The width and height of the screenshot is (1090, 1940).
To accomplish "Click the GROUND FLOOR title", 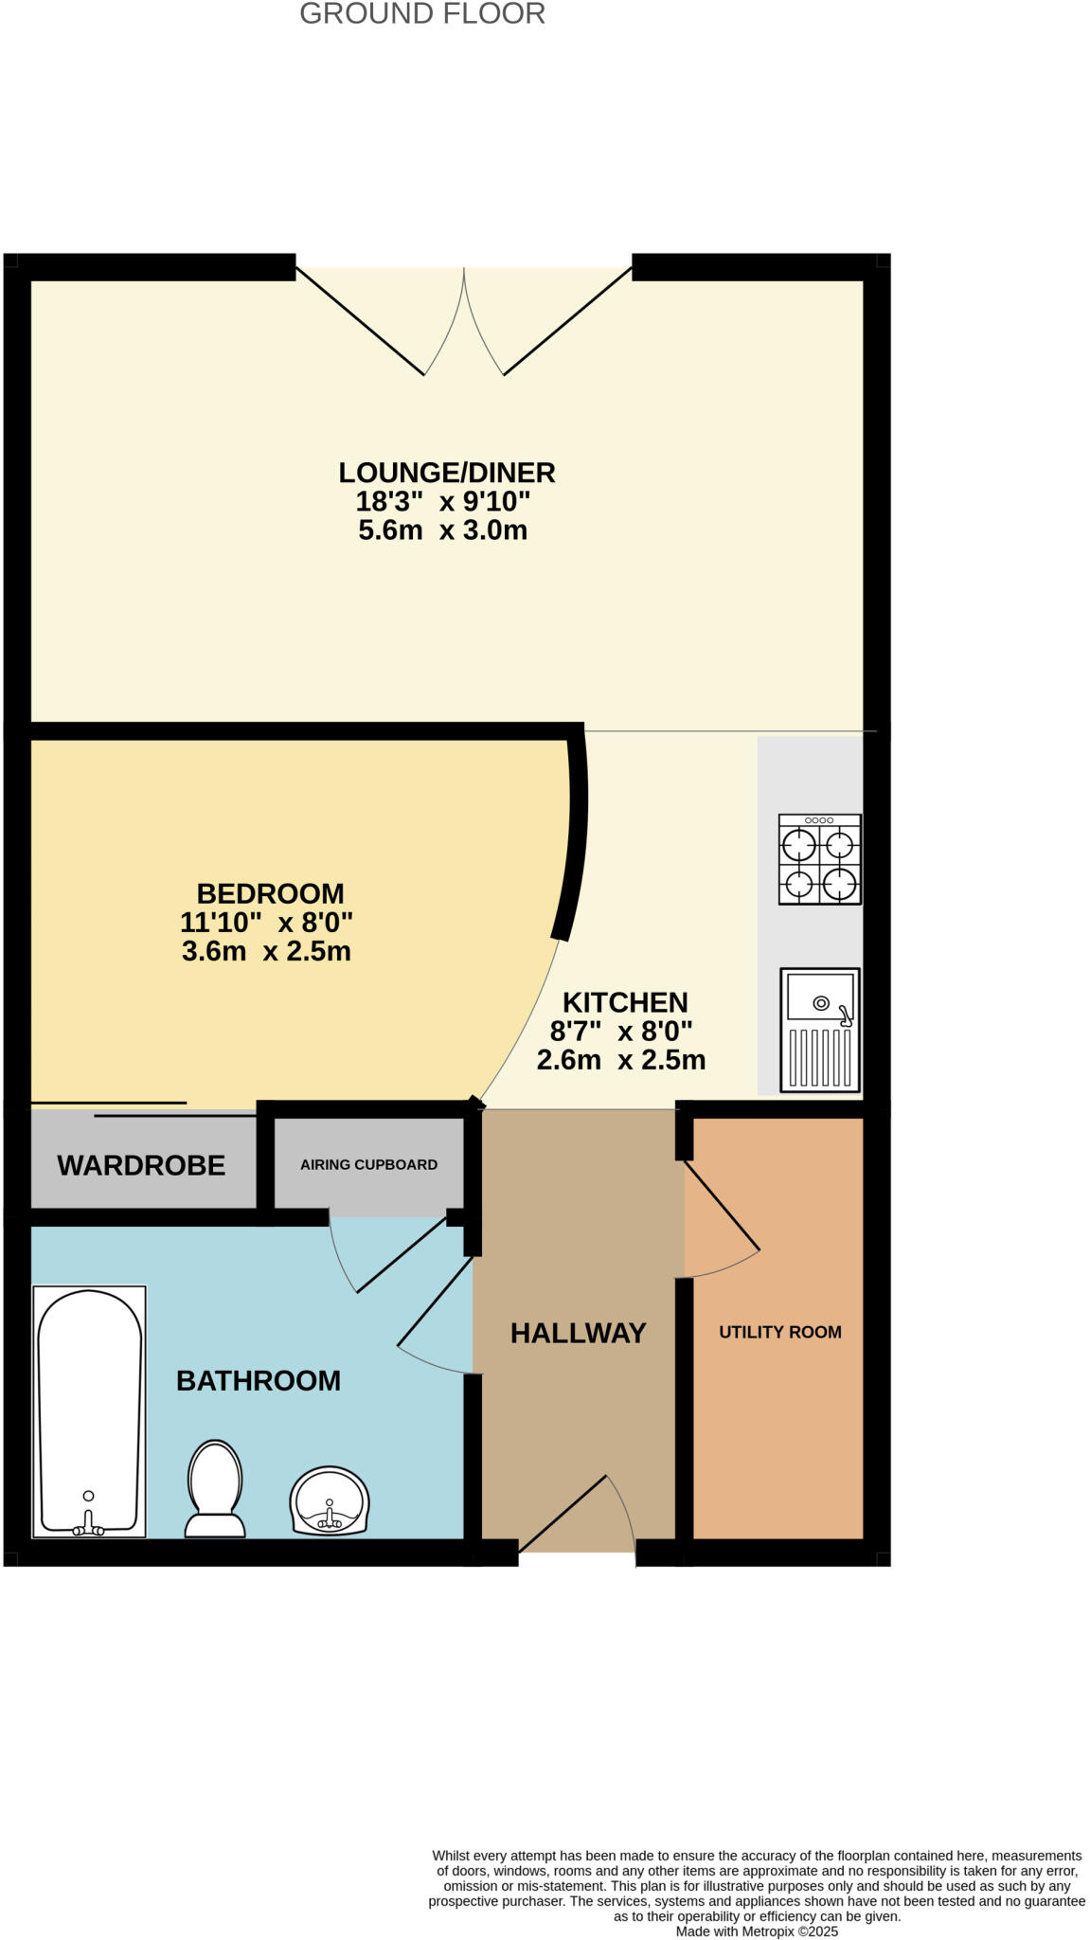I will (x=422, y=14).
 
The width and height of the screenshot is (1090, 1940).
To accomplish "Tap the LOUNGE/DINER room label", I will (x=447, y=472).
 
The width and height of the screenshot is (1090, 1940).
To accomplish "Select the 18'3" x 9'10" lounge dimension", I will (x=442, y=501).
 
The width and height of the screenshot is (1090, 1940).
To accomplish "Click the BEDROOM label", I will (x=270, y=893).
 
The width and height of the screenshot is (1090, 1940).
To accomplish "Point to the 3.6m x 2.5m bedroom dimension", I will (x=266, y=951).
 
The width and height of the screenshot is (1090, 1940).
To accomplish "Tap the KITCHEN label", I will (x=625, y=1002).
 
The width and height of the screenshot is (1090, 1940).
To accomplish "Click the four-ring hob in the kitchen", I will (x=819, y=859).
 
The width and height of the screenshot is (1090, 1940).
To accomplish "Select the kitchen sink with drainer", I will (x=819, y=1030).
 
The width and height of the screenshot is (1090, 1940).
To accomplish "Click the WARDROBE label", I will (x=141, y=1165).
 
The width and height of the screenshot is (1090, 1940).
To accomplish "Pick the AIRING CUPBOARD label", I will (x=368, y=1164).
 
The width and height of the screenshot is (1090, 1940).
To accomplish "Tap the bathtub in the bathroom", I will (x=89, y=1411).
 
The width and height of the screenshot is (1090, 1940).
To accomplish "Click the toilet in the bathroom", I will (x=215, y=1487).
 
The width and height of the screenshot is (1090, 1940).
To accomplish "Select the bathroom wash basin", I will (x=329, y=1500).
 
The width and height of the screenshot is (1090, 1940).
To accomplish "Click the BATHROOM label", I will (x=259, y=1380).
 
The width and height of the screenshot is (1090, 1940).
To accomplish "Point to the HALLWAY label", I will (x=578, y=1333).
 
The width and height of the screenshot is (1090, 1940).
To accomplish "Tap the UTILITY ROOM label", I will (x=779, y=1332).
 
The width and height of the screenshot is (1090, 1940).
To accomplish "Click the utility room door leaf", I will (x=722, y=1205).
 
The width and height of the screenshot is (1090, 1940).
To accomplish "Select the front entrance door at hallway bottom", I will (x=563, y=1513).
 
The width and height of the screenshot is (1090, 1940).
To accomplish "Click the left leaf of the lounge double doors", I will (x=360, y=321).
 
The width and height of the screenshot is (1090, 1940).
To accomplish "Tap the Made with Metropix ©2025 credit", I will (x=757, y=1931).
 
